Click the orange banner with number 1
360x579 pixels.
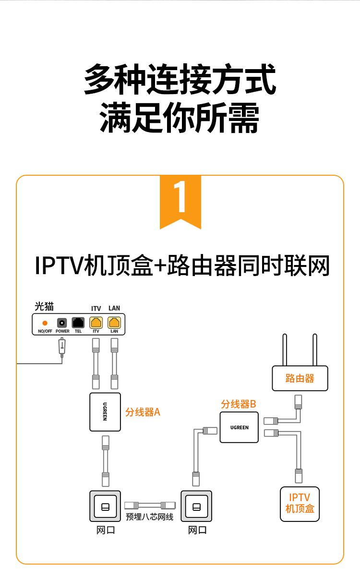point(180,200)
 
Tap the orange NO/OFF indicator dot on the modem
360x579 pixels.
point(45,323)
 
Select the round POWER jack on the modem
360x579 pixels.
point(62,323)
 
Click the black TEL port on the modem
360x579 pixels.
point(78,323)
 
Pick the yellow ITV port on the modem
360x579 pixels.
point(96,323)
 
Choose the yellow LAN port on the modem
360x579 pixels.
point(114,323)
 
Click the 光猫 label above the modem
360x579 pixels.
point(44,306)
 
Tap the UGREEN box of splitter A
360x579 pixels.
point(105,411)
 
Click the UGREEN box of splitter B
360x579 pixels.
point(239,427)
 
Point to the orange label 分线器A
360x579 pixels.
point(143,412)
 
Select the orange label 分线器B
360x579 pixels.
point(239,404)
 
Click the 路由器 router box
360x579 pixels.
point(300,378)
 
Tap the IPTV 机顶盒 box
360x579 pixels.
point(300,504)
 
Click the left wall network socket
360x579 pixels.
point(105,507)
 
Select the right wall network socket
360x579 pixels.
point(196,507)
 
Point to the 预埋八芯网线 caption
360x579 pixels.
point(149,517)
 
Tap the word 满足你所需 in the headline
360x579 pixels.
point(180,118)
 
